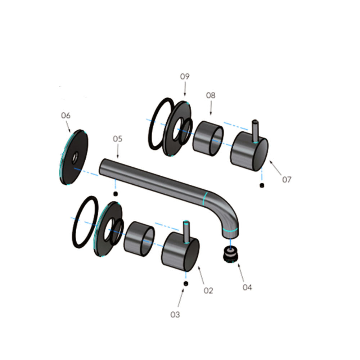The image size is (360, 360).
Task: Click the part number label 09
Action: [185, 76]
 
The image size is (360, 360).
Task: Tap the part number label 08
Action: [211, 95]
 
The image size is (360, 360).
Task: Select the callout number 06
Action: [66, 115]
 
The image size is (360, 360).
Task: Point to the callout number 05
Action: [118, 139]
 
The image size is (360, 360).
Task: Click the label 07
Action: [287, 180]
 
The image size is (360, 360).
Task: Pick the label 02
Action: [208, 291]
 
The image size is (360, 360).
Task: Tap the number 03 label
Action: [175, 315]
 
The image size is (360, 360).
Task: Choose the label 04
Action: [247, 287]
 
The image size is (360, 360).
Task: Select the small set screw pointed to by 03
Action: [186, 284]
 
